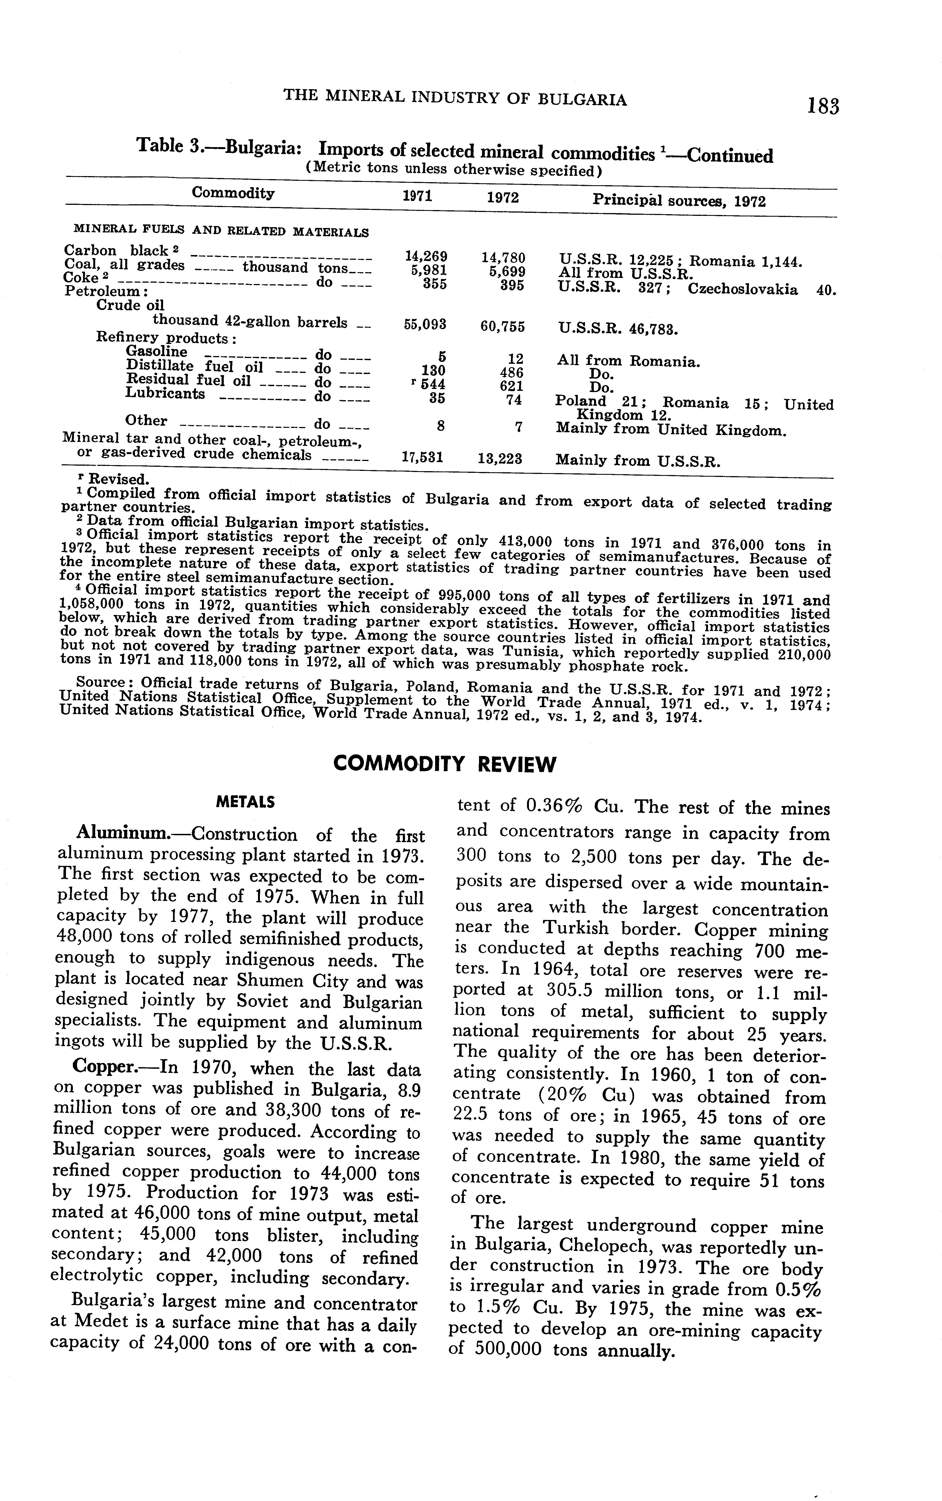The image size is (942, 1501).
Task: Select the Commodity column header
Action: click(233, 193)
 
